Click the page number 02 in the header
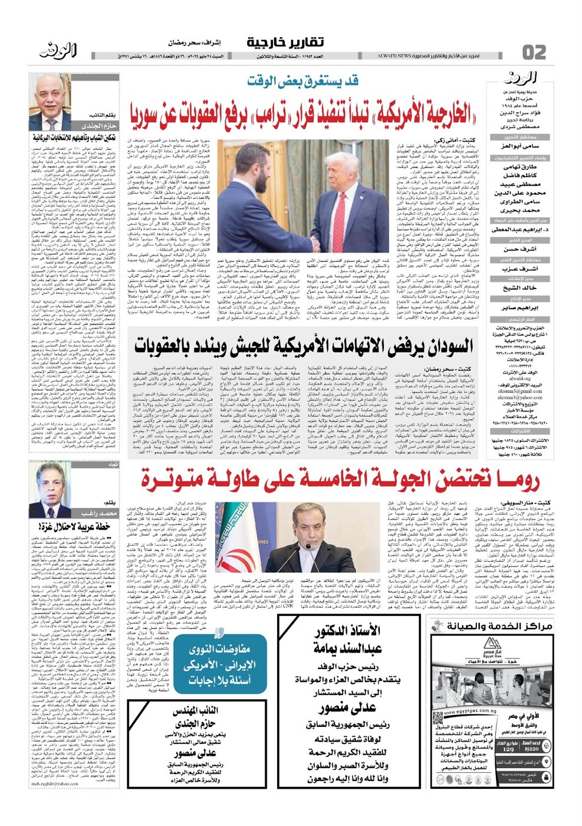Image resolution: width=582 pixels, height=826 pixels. coord(534,52)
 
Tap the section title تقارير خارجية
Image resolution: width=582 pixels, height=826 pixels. coord(285,43)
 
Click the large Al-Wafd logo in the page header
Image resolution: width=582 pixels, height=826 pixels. coord(59,52)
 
